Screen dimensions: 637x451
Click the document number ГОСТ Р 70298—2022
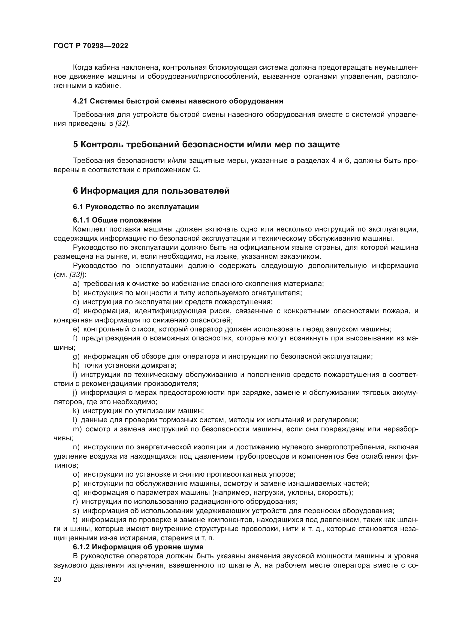click(x=91, y=46)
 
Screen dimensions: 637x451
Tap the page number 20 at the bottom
click(x=57, y=579)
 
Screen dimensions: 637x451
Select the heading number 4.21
click(x=80, y=101)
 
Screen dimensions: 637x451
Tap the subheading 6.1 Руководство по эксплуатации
click(x=136, y=207)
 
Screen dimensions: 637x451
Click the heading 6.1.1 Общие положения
click(x=117, y=220)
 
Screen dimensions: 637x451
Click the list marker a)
click(x=76, y=284)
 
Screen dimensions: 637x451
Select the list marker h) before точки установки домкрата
click(x=76, y=366)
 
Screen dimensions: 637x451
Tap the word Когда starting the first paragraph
click(x=82, y=68)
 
